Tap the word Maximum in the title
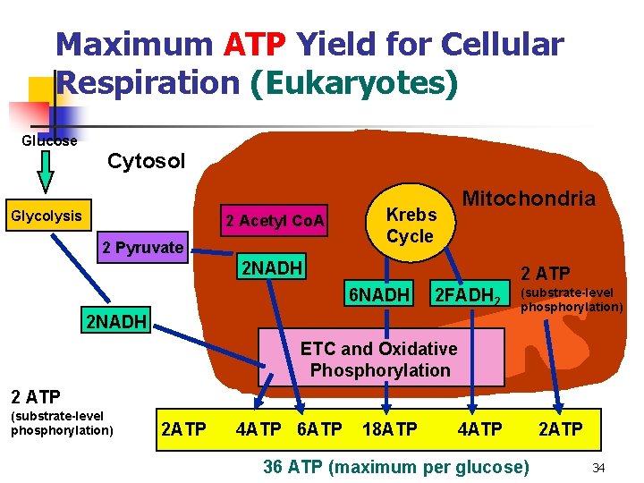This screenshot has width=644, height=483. [x=133, y=44]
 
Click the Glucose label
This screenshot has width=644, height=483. [x=49, y=140]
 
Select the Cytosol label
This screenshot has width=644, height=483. [x=146, y=162]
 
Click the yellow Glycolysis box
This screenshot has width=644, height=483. [x=46, y=216]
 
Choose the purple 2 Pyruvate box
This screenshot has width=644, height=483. [x=142, y=248]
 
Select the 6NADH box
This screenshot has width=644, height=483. [x=379, y=294]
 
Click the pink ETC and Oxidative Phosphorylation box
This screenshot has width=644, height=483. [x=379, y=359]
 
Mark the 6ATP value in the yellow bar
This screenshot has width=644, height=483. [x=318, y=429]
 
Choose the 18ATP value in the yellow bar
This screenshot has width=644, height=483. [x=389, y=429]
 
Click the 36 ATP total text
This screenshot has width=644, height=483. [x=396, y=466]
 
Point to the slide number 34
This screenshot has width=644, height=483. [x=599, y=468]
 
